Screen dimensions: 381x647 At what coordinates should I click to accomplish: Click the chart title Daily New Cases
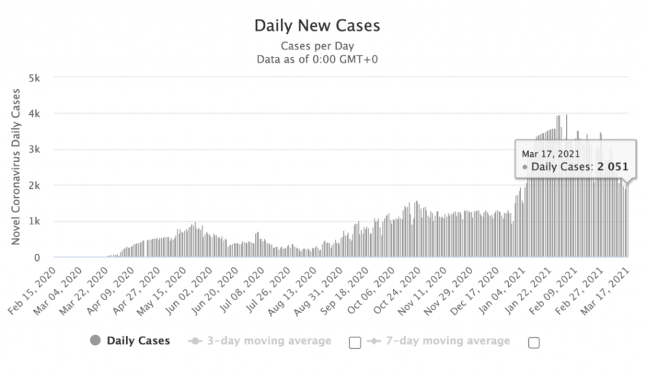pos(317,25)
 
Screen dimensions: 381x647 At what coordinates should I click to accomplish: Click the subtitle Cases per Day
pos(317,46)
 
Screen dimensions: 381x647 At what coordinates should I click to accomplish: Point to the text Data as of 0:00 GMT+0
pos(317,59)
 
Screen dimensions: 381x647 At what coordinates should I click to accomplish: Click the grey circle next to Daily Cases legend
pos(95,341)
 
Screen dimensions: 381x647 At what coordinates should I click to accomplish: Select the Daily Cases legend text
pos(138,341)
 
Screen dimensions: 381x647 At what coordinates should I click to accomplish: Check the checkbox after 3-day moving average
pos(355,342)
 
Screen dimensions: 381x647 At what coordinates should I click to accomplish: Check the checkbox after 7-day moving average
pos(534,342)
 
